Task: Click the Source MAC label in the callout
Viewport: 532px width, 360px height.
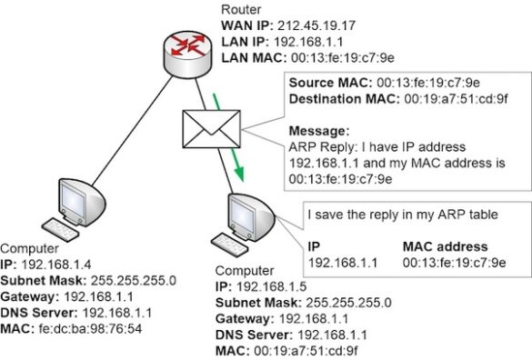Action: click(322, 83)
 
